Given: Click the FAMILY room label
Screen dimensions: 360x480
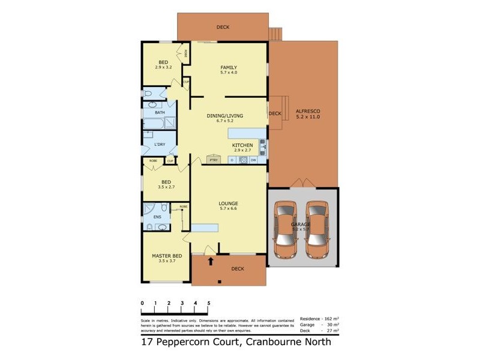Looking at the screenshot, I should pos(229,67).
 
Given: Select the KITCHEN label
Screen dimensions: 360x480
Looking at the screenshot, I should pos(242,145).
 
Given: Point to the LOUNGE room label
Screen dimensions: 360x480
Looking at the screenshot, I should pos(229,203).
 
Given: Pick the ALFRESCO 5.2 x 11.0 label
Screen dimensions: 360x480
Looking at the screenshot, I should pos(308,113).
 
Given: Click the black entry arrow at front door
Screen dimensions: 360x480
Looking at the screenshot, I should pos(211,261).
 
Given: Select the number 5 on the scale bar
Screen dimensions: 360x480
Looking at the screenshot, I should pos(208,303).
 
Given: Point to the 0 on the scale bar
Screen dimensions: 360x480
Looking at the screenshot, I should pos(142,303).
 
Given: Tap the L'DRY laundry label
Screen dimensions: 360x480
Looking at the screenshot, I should pos(160,145).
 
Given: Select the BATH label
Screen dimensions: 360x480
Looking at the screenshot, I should pos(160,112).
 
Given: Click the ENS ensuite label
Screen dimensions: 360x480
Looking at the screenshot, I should pos(157,217).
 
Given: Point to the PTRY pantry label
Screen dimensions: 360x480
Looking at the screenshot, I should pos(213,160).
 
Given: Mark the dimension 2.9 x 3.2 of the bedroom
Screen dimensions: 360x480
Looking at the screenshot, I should pos(163,67).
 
